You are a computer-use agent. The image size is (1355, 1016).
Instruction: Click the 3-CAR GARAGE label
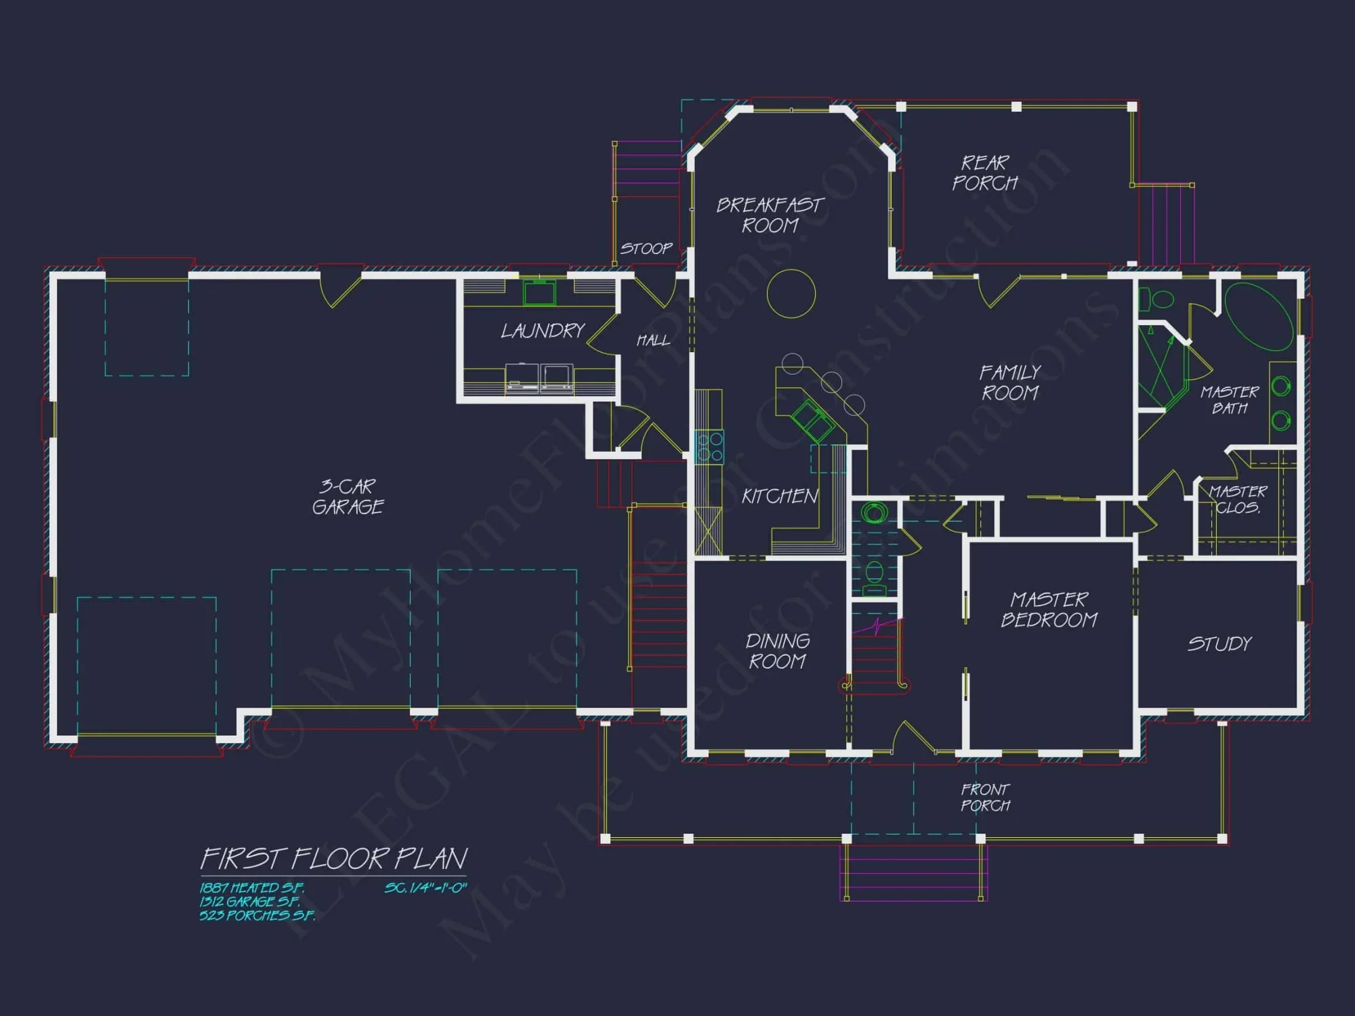pos(348,496)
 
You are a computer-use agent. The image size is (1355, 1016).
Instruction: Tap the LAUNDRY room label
pos(542,331)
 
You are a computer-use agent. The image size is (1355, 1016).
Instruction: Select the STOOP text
pos(646,249)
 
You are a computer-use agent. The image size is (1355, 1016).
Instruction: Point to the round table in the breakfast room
pos(791,293)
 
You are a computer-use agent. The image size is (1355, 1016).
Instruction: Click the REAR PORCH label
pos(985,173)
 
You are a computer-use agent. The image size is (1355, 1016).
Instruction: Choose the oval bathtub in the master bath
pos(1259,316)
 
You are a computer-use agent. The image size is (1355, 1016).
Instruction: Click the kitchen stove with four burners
pos(709,446)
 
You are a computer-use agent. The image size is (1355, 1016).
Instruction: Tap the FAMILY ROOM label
pos(1009,382)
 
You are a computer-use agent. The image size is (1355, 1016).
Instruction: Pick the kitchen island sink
pos(812,420)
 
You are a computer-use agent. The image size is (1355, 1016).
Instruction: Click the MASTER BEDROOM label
pos(1049,610)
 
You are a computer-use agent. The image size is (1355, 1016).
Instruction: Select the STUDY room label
pos(1219,643)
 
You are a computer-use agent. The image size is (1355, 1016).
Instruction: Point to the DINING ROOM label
pos(777,651)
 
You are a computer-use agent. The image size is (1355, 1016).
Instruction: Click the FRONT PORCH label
pos(985,797)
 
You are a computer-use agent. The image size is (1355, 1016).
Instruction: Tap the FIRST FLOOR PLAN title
pos(333,859)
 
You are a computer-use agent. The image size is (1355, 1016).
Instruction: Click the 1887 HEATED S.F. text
pos(251,887)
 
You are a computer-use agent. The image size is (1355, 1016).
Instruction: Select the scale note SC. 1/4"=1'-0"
pos(425,887)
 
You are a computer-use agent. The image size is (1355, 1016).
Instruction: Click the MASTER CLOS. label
pos(1238,499)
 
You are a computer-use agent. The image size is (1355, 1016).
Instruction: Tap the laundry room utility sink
pos(539,293)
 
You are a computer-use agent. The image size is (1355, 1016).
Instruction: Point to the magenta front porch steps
pos(913,873)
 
